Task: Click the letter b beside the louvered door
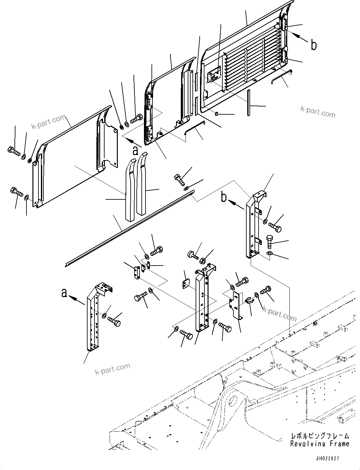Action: pos(314,45)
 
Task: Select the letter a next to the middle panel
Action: pos(135,151)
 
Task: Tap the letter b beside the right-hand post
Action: pos(224,198)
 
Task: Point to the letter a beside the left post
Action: pos(64,293)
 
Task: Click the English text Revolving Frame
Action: pos(320,444)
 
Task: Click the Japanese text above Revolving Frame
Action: pos(320,436)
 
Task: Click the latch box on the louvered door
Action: pos(214,76)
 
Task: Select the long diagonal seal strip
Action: pos(129,228)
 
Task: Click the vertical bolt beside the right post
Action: pos(270,242)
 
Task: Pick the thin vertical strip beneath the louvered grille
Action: pos(249,103)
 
